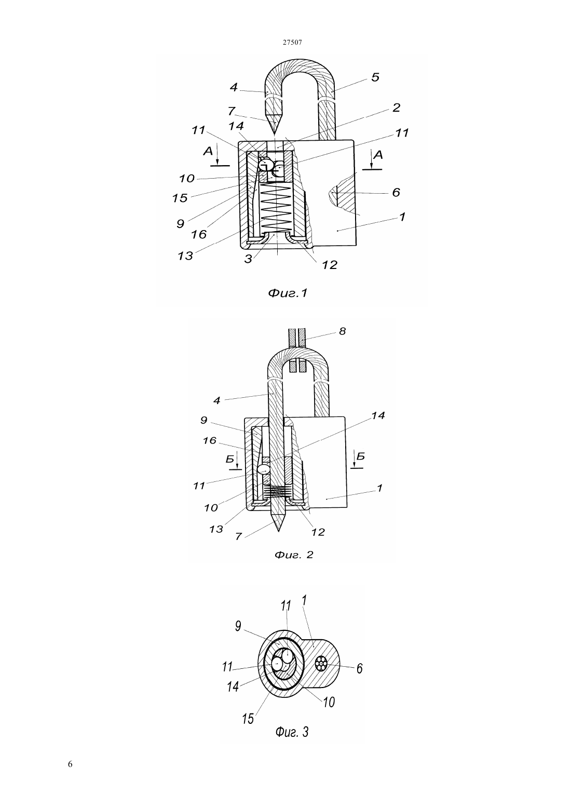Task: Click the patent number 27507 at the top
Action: pos(292,42)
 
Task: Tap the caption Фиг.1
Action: pos(288,293)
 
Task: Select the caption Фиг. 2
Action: pos(294,555)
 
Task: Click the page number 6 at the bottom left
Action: pos(70,764)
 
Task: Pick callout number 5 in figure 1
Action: pos(375,77)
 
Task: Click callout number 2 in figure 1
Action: pos(396,107)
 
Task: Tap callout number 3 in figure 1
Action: pos(248,259)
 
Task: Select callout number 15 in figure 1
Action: pos(180,198)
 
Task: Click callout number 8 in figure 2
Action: pos(343,331)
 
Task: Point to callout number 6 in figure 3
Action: pos(359,668)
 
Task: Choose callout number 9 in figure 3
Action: pos(238,626)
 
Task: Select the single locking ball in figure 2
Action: pos(263,469)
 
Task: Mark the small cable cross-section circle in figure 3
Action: pos(320,663)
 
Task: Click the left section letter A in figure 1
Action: pos(208,151)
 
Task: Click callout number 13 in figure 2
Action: pos(216,529)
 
